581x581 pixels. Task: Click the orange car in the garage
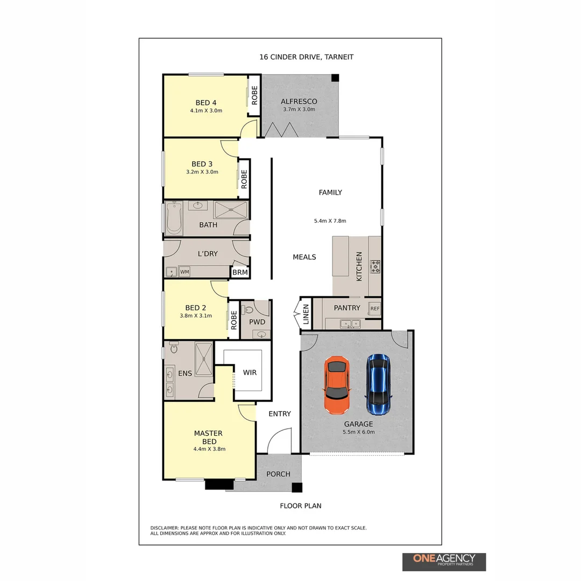coord(337,385)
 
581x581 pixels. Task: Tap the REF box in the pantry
coord(374,309)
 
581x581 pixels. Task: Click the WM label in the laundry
coord(185,272)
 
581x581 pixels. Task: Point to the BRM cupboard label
coord(240,273)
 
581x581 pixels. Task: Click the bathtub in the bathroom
coord(174,218)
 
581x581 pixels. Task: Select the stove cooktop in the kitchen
coord(375,266)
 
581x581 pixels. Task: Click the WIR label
coord(249,372)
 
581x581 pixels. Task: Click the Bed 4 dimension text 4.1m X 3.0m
coord(206,110)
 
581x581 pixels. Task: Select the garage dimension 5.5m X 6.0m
coord(359,431)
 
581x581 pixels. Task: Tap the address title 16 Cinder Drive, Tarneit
coord(307,57)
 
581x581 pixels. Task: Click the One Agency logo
coord(444,561)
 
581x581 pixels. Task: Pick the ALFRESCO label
coord(299,101)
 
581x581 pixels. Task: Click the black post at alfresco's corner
coord(335,78)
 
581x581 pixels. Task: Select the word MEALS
coord(304,257)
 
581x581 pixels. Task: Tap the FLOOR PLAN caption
coord(300,506)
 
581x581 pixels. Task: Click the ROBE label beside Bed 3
coord(244,179)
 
